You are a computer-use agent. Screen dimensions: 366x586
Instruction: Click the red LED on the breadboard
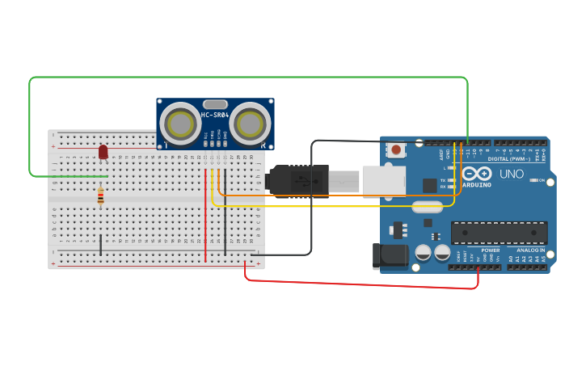point(103,152)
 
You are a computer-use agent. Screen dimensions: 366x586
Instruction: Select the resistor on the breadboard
point(100,196)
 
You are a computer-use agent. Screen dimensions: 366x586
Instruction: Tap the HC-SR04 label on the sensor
point(215,115)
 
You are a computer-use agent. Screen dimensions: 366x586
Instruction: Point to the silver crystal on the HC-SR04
point(215,104)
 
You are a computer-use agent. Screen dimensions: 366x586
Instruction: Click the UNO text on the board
point(510,174)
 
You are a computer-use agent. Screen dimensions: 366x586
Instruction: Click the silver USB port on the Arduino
point(383,181)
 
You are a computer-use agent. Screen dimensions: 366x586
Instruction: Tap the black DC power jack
point(388,255)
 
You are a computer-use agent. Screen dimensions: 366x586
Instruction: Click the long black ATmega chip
point(499,233)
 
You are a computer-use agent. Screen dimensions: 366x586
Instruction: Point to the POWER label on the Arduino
point(490,250)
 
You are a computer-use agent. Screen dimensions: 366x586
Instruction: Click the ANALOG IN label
point(530,250)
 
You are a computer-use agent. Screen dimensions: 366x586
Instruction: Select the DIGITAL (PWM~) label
point(509,158)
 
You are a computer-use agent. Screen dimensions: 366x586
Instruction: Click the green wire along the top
point(242,78)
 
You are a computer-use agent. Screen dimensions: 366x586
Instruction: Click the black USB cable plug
point(299,181)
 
